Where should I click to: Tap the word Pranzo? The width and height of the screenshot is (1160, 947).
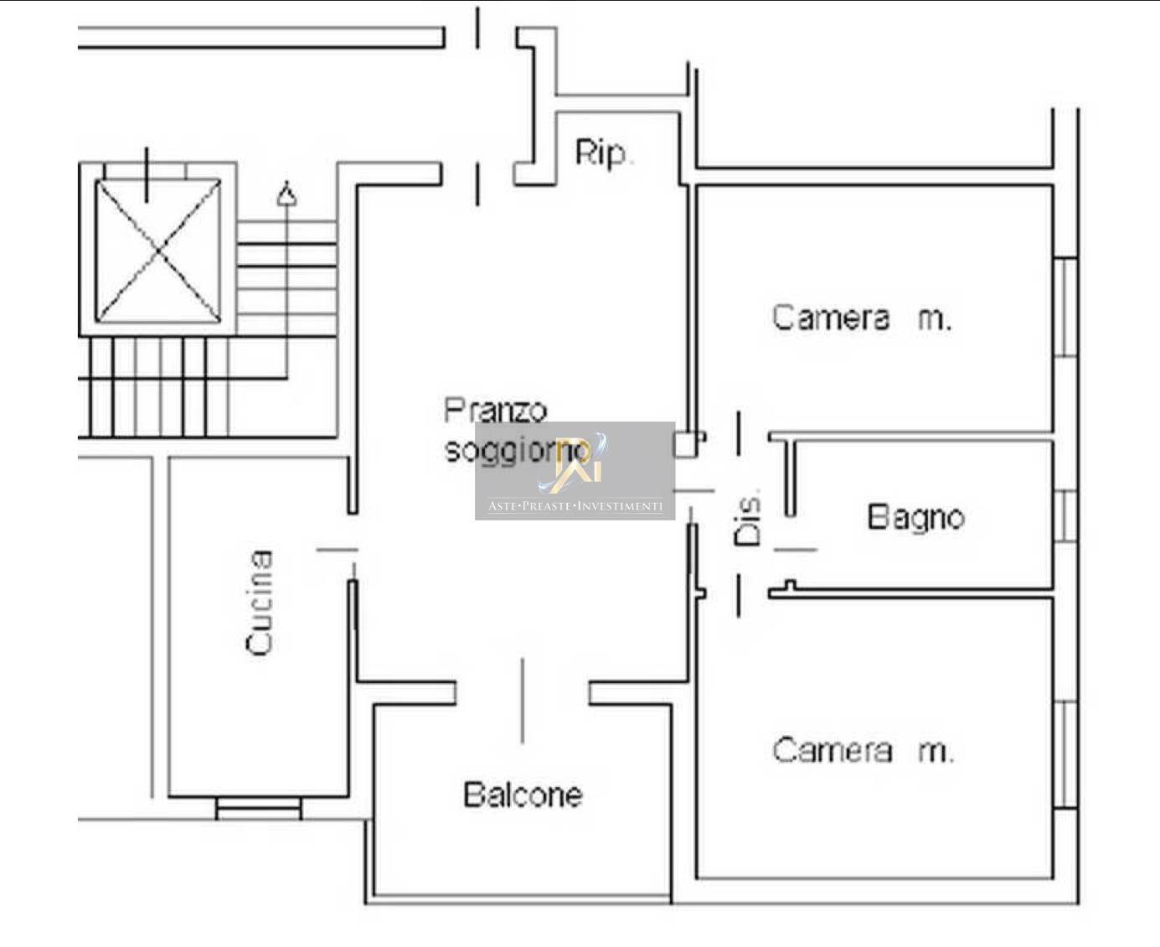tap(496, 411)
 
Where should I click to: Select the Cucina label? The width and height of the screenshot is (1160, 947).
tap(259, 603)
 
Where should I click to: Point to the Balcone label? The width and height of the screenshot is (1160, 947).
tap(523, 794)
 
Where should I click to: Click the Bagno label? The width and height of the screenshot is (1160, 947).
tap(915, 517)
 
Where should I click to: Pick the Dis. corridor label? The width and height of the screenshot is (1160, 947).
tap(747, 517)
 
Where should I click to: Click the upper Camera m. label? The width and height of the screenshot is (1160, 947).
tap(862, 318)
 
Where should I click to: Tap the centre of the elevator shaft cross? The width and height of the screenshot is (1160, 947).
tap(158, 251)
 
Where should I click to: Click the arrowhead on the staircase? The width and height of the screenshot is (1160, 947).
tap(286, 194)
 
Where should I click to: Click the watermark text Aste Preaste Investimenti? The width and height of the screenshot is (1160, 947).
tap(575, 506)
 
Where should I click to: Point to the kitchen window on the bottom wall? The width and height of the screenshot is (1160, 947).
tap(259, 809)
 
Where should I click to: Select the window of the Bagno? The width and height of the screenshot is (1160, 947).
tap(1066, 516)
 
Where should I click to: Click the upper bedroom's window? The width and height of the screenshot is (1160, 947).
tap(1066, 308)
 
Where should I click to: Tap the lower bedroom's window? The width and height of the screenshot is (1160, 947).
tap(1066, 754)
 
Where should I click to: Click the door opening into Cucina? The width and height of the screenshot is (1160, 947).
tap(338, 549)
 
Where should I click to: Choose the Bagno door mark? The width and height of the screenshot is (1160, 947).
tap(796, 549)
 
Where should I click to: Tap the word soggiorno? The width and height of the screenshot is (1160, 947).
tap(517, 451)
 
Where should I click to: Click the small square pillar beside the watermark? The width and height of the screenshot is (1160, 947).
tap(686, 444)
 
